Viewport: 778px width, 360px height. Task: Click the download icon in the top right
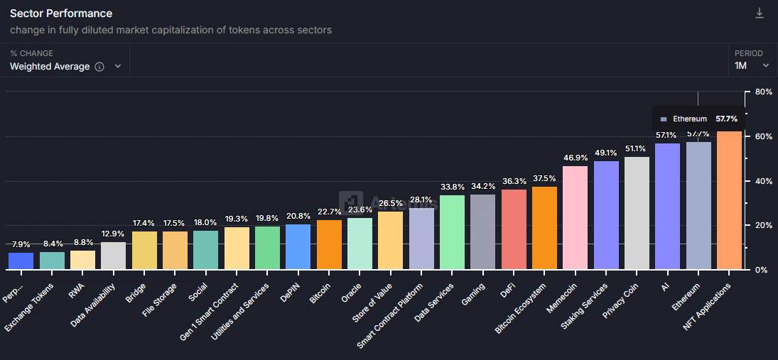click(759, 13)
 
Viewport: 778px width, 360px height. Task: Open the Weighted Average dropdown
click(118, 66)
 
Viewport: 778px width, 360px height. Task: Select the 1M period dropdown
click(752, 65)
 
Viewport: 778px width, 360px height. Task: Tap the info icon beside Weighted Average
click(99, 67)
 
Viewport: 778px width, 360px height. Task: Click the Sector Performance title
click(61, 13)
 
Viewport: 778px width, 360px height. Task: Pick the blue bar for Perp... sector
click(21, 261)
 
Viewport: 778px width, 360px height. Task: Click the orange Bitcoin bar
click(329, 244)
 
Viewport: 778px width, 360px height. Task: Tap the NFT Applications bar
click(730, 200)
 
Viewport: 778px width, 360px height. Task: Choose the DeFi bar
click(514, 229)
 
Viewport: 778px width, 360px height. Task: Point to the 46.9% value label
click(575, 158)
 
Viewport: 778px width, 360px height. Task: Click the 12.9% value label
click(113, 234)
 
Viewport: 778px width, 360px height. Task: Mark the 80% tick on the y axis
click(763, 92)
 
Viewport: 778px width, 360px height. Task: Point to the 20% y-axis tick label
click(763, 225)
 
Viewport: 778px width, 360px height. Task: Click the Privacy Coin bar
click(637, 213)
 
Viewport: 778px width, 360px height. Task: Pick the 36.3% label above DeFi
click(514, 181)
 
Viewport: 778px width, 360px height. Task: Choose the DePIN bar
click(298, 246)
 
